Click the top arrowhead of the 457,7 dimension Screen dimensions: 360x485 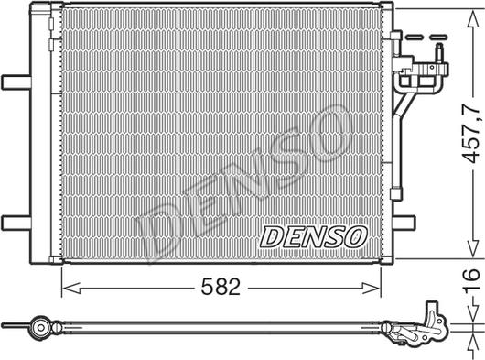tap(471, 9)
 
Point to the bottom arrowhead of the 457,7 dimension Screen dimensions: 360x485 tap(471, 255)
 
